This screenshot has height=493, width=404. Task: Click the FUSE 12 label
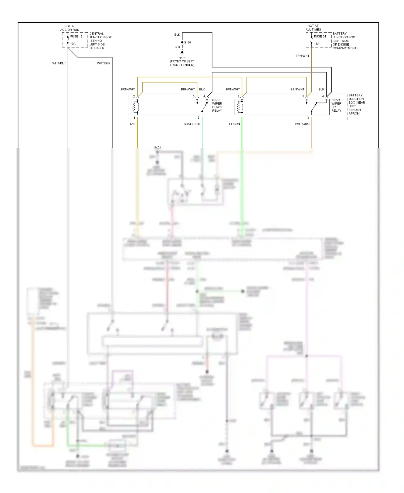click(x=76, y=36)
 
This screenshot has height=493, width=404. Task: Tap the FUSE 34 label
click(x=320, y=36)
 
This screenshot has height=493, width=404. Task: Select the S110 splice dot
click(x=182, y=42)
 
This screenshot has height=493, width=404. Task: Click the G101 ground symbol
click(x=182, y=53)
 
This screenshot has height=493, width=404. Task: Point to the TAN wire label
click(x=132, y=124)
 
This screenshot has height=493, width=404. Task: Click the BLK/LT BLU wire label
click(x=192, y=124)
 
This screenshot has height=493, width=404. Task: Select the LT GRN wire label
click(x=234, y=124)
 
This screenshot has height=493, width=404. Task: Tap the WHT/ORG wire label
click(x=302, y=124)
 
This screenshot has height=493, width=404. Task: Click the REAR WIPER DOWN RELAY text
click(x=217, y=105)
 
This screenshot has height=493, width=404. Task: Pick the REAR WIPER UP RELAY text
click(x=336, y=105)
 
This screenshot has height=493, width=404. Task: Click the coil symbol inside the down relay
click(x=135, y=107)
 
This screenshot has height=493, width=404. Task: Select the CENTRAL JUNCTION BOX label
click(x=100, y=41)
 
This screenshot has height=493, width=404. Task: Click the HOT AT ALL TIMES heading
click(x=313, y=28)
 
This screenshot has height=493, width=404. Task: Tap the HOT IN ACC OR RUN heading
click(x=69, y=28)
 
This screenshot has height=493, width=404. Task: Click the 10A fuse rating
click(x=73, y=44)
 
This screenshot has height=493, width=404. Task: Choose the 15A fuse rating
click(x=316, y=44)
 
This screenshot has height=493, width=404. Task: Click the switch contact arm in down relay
click(x=205, y=107)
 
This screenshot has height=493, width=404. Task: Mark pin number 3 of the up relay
click(x=308, y=118)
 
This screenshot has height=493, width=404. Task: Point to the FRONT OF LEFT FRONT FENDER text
click(x=182, y=63)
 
